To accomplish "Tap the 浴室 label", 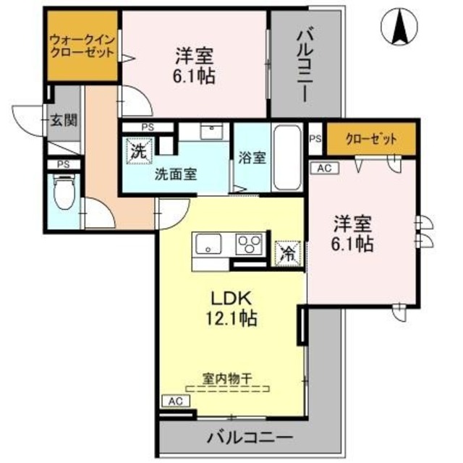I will pyautogui.click(x=252, y=160).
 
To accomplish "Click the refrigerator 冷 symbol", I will pyautogui.click(x=287, y=254).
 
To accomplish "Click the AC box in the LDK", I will pyautogui.click(x=175, y=400).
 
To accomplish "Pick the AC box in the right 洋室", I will pyautogui.click(x=323, y=167).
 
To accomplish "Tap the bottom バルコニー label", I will pyautogui.click(x=250, y=437).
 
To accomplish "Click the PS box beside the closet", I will pyautogui.click(x=315, y=140).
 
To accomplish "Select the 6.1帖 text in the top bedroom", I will pyautogui.click(x=196, y=75).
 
